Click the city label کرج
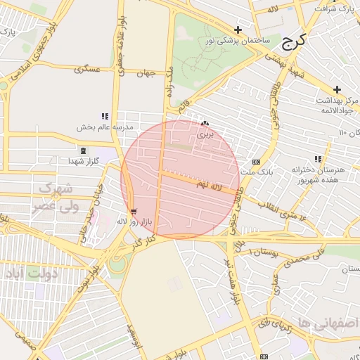(293, 42)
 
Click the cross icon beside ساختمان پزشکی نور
(238, 30)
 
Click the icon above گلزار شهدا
(84, 151)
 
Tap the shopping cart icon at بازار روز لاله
(133, 212)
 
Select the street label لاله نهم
(210, 184)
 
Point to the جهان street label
(146, 73)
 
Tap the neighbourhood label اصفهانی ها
(328, 322)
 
